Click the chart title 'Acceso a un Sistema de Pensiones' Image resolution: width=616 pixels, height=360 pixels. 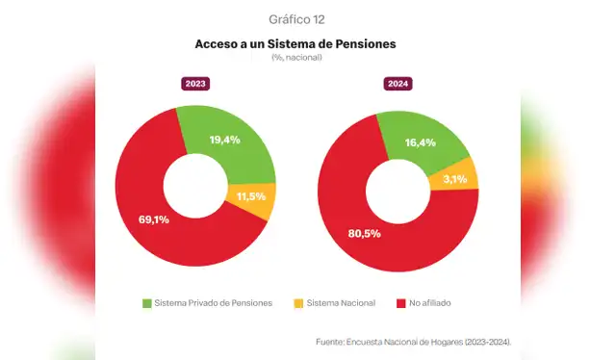[x=295, y=44]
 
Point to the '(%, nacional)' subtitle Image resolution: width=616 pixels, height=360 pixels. [x=295, y=58]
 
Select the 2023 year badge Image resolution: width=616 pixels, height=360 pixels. [x=196, y=84]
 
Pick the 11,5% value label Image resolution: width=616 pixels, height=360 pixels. [x=252, y=197]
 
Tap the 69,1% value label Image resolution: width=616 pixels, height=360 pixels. [x=155, y=219]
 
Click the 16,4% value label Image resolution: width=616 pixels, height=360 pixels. [x=420, y=142]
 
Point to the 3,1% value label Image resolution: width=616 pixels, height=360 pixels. [x=455, y=179]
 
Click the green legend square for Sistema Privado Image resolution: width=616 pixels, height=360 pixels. [x=147, y=303]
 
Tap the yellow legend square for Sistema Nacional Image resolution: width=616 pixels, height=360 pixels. [x=298, y=303]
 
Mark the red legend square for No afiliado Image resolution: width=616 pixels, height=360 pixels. [x=399, y=303]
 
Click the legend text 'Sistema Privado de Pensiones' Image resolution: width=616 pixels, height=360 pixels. [x=213, y=303]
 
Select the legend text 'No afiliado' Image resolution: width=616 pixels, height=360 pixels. [x=430, y=303]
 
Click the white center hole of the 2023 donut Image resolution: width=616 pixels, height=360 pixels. [x=195, y=184]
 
